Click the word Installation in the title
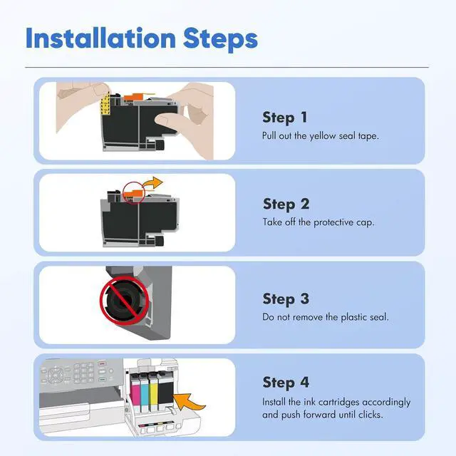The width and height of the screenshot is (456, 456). (100, 38)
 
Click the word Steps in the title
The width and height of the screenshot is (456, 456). (220, 39)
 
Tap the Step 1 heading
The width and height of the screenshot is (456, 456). (285, 118)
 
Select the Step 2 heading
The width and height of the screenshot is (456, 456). (286, 204)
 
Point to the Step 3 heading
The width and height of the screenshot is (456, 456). (286, 299)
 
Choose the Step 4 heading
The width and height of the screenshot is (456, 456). (286, 383)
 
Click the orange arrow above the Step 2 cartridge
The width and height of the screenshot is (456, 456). (154, 183)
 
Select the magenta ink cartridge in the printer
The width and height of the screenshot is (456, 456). (135, 393)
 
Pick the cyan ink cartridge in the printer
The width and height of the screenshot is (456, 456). (145, 393)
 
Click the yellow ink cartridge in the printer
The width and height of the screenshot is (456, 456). (153, 393)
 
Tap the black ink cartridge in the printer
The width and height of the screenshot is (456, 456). (165, 391)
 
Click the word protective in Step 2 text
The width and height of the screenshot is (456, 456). (333, 222)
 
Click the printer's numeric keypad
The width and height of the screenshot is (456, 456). (83, 372)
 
